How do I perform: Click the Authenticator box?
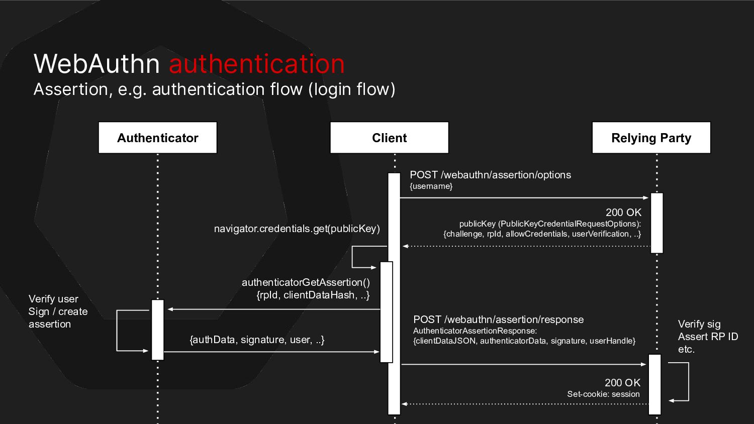pos(157,138)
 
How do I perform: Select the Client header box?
pos(389,138)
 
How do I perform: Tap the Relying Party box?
pos(651,138)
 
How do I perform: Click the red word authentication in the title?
pos(257,64)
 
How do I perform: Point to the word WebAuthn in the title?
pos(97,64)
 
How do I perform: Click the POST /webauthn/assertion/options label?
pos(490,175)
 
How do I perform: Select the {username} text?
pos(431,186)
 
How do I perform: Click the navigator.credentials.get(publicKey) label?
pos(297,229)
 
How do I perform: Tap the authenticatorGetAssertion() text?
pos(306,282)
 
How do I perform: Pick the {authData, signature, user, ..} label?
pos(257,340)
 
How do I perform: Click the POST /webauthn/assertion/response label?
pos(498,320)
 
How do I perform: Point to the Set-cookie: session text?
pos(603,394)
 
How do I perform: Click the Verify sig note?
pos(699,324)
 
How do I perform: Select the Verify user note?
pos(53,299)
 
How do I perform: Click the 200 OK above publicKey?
pos(623,213)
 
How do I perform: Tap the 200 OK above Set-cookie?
pos(622,383)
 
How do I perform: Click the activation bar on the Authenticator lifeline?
pos(158,330)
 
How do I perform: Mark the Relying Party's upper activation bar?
pos(656,223)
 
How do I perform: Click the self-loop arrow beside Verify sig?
pos(687,382)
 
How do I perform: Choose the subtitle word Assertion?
pos(70,89)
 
